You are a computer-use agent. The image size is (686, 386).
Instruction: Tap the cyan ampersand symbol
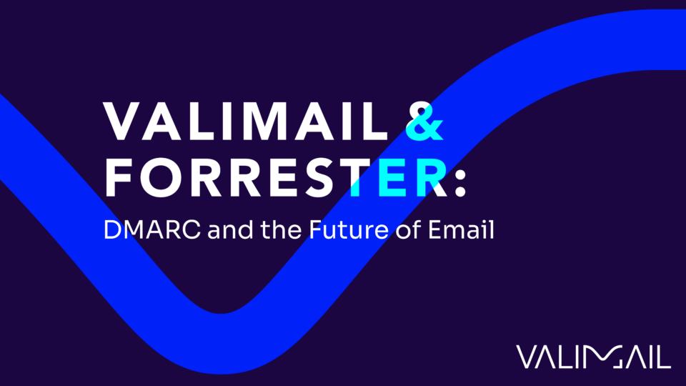click(424, 122)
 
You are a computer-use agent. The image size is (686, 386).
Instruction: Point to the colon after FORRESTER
click(459, 179)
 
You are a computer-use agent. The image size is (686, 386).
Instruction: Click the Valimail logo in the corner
click(592, 356)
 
